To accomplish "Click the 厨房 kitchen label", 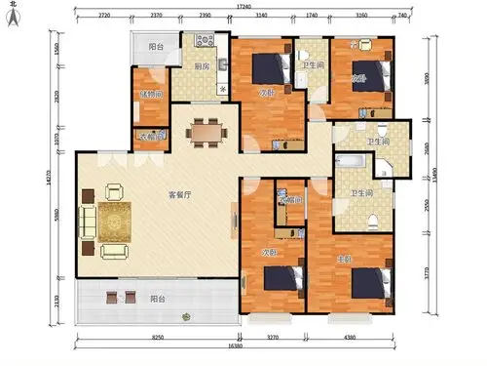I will (x=202, y=66).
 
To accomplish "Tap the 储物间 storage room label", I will (x=150, y=95).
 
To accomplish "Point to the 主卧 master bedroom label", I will (x=343, y=259).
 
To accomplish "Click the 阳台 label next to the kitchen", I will (x=156, y=47).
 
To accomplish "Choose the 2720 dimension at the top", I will (x=103, y=17).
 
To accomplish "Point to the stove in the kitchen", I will (x=206, y=42).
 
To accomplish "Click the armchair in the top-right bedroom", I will (x=355, y=45).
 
